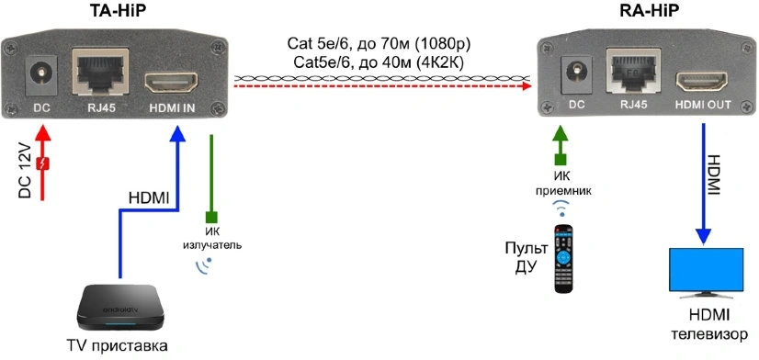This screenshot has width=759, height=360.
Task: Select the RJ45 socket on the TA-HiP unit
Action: click(x=100, y=71)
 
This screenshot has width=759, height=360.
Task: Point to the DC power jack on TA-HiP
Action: click(x=41, y=75)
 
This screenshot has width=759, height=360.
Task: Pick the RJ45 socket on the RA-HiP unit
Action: click(x=634, y=72)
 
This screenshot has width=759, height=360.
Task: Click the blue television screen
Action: click(x=707, y=270)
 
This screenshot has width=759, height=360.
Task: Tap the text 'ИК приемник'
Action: click(x=562, y=185)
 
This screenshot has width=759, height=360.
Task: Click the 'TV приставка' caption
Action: click(x=117, y=346)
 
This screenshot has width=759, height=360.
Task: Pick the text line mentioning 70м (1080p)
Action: click(x=379, y=45)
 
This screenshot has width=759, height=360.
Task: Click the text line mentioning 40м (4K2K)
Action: click(x=379, y=63)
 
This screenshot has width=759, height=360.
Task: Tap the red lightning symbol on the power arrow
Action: click(x=44, y=164)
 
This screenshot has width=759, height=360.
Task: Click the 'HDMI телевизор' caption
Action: click(x=709, y=326)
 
